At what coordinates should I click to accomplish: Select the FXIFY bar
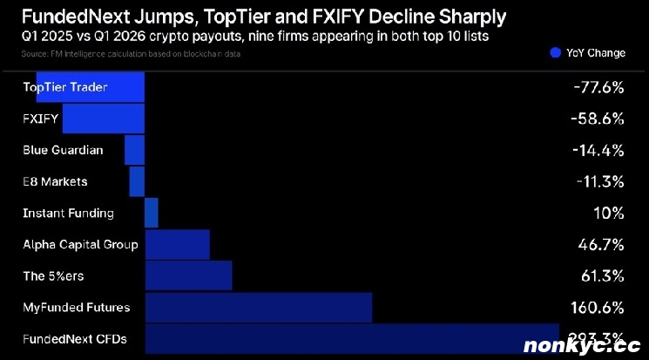coord(103,119)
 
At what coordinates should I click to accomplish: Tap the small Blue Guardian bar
coord(134,150)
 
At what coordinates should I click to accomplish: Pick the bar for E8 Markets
coord(137,181)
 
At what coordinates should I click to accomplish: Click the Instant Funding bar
coord(152,213)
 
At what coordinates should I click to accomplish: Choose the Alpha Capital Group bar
coord(177,245)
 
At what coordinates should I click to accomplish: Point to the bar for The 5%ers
coord(188,276)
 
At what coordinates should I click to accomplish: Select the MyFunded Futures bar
coord(258,308)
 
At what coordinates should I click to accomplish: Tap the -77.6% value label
coord(598,87)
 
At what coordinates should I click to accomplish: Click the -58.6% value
coord(598,119)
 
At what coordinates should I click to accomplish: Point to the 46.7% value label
coord(601,245)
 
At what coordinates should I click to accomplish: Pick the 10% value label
coord(608,213)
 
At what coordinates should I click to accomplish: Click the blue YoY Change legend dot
coord(555,52)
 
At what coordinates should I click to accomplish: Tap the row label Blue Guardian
coord(63,150)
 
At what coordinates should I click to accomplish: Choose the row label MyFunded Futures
coord(77,308)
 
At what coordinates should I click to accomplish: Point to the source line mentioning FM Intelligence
coord(131,54)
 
